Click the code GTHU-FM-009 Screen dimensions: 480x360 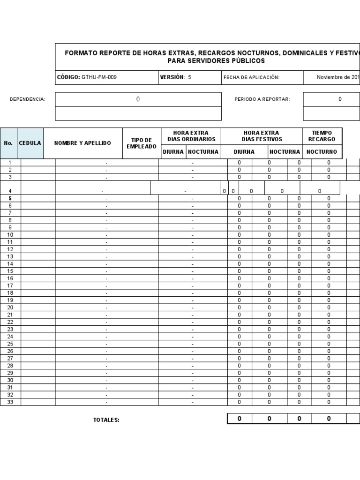coord(99,77)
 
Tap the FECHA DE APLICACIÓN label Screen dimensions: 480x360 coord(251,77)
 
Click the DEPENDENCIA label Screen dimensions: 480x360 coord(28,99)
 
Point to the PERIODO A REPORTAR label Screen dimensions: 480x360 coord(262,99)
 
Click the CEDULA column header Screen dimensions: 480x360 coord(30,143)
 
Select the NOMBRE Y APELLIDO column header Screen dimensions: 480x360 coord(82,143)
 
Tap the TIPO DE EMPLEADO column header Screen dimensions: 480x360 coord(142,143)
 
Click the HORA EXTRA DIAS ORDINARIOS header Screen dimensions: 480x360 coord(191,136)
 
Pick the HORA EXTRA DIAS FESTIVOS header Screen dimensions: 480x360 coord(262,136)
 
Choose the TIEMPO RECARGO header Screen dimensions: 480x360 coord(322,136)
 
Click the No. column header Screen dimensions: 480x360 coord(8,143)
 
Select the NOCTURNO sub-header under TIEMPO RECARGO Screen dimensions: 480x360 coord(322,152)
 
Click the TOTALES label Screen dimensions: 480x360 coord(106,420)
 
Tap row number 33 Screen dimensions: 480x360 coord(10,402)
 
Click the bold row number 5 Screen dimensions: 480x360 coord(10,198)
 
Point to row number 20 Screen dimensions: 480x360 coord(10,307)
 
